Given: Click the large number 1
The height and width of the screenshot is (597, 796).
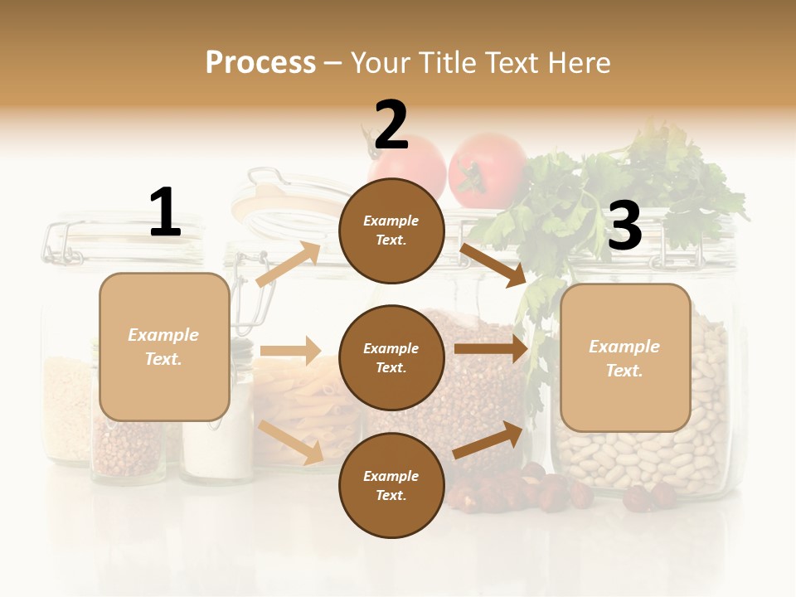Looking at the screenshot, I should click(x=165, y=212).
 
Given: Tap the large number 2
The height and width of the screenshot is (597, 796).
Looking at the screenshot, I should click(x=391, y=125).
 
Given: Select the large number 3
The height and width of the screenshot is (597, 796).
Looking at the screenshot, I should click(x=624, y=226).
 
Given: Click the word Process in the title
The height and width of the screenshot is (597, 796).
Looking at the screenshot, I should click(x=260, y=62).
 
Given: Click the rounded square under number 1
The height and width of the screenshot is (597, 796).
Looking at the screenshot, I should click(x=164, y=347).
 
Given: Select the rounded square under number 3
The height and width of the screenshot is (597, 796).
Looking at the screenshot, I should click(x=625, y=358).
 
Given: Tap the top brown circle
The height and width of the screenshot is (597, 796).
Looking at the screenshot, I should click(x=391, y=231).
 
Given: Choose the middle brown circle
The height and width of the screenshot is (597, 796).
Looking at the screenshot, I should click(x=391, y=358).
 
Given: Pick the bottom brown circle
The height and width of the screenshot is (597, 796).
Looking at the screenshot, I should click(x=391, y=486).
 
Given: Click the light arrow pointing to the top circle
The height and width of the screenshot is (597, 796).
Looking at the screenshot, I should click(x=289, y=264).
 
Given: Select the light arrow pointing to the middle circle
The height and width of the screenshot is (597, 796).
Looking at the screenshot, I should click(x=290, y=351).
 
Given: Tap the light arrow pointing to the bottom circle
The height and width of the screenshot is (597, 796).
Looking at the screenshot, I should click(x=291, y=442).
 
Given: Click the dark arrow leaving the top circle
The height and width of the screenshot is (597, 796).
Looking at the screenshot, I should click(x=493, y=265).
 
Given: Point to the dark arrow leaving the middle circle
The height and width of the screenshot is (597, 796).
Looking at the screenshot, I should click(x=490, y=349).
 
